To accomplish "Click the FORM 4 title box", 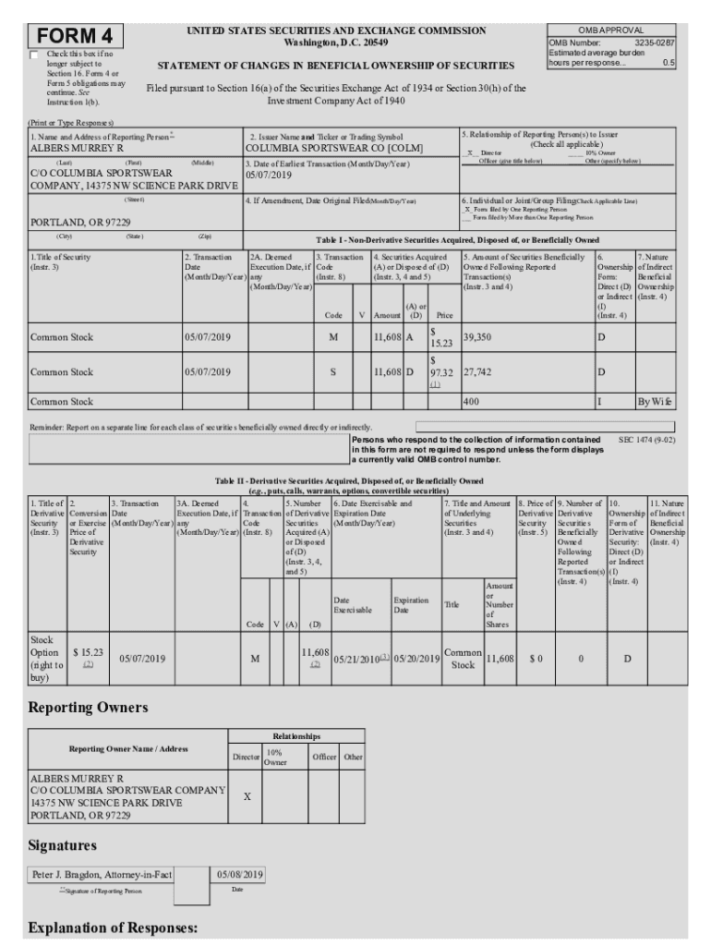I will [76, 36].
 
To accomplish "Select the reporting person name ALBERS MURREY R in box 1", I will [77, 148].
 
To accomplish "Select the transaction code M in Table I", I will [332, 337].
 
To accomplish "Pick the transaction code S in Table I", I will [332, 371].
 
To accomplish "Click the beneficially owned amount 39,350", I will [478, 337].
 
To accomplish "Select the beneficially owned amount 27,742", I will [478, 371].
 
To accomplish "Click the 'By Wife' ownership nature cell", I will [656, 402].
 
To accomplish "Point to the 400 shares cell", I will [471, 402].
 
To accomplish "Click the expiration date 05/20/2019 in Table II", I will [416, 659].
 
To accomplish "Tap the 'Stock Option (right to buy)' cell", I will [45, 659].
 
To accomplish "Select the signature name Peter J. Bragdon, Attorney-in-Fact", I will [101, 874].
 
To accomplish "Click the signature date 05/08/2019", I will [240, 874].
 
